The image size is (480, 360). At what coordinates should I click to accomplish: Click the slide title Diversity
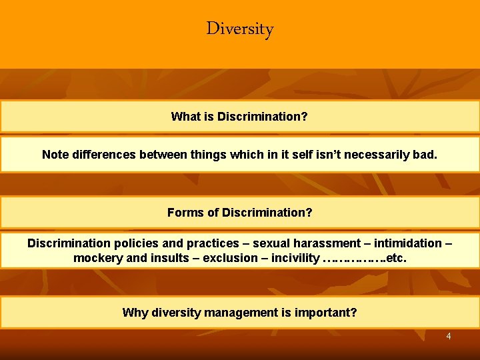click(240, 29)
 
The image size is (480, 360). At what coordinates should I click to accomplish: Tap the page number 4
click(449, 336)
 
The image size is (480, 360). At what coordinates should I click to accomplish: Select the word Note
click(55, 155)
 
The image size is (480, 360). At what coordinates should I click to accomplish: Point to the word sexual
click(272, 243)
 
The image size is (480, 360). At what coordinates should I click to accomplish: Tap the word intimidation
click(409, 243)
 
